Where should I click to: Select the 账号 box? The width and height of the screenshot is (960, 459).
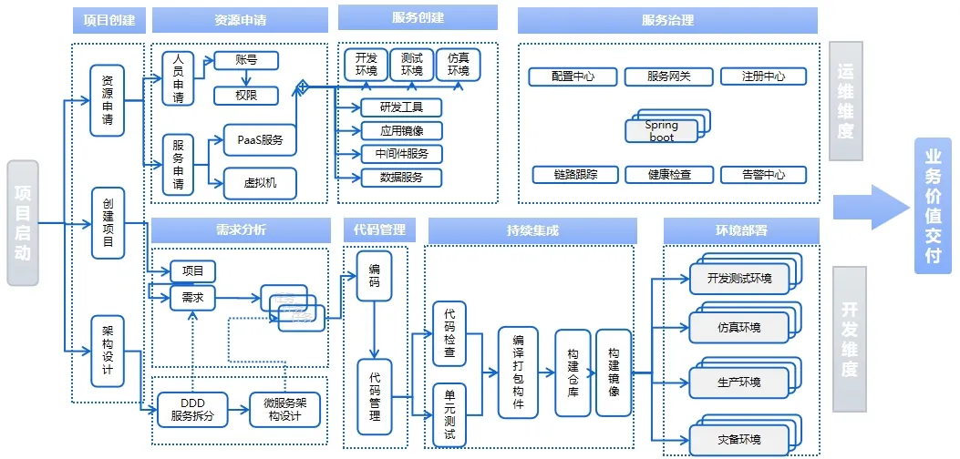click(245, 61)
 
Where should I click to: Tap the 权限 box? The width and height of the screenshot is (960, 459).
click(245, 96)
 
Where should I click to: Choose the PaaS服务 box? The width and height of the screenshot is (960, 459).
click(260, 140)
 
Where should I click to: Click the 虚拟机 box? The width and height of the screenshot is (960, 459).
click(260, 183)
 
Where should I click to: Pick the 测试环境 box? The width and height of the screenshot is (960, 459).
click(412, 65)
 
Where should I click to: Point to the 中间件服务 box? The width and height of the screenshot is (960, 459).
click(401, 154)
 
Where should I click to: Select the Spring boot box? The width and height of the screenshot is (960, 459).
click(662, 130)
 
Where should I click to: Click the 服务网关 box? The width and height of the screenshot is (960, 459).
click(668, 76)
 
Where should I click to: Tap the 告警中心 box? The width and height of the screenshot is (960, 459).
click(764, 174)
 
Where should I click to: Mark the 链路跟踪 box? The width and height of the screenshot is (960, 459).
click(575, 174)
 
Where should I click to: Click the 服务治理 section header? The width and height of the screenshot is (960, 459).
click(667, 20)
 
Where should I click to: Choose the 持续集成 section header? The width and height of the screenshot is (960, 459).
click(532, 230)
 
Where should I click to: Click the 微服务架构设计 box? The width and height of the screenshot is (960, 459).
click(285, 410)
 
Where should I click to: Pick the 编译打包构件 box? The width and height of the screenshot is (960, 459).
click(518, 372)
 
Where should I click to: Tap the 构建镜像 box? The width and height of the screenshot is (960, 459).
click(614, 372)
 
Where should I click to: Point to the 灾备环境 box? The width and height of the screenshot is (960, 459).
click(738, 440)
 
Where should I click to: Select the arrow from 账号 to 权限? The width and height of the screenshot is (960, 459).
click(245, 78)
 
